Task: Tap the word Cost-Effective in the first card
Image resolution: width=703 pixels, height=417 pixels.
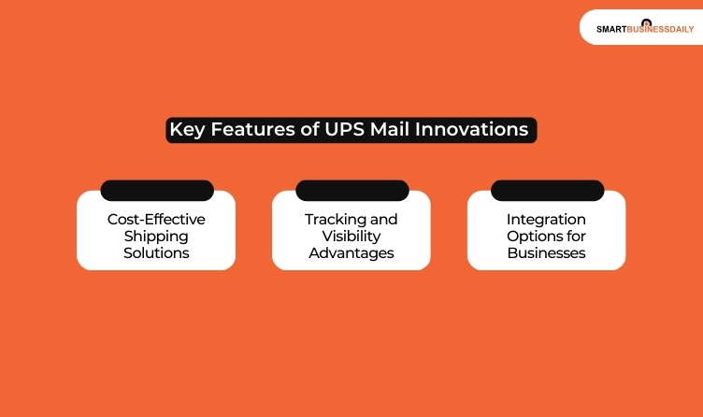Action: coord(156,219)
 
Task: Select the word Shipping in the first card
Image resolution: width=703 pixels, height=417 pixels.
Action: coord(156,236)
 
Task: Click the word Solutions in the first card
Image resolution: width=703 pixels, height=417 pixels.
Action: coord(156,252)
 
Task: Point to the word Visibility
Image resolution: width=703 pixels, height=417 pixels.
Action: coord(351,236)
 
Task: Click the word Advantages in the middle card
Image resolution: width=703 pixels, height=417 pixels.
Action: coord(351,252)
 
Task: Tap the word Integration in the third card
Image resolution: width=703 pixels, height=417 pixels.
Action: coord(546,219)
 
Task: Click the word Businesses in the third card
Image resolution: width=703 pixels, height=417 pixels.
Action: coord(546,252)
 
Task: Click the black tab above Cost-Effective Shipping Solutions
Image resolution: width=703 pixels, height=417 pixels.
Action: coord(156,191)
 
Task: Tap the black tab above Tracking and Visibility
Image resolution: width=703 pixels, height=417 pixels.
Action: coord(351,191)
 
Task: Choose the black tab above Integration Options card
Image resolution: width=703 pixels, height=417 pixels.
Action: coord(547,191)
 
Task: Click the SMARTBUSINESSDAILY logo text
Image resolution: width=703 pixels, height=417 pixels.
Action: coord(645,29)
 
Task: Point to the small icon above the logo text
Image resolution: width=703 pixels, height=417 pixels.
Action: coord(646,22)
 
